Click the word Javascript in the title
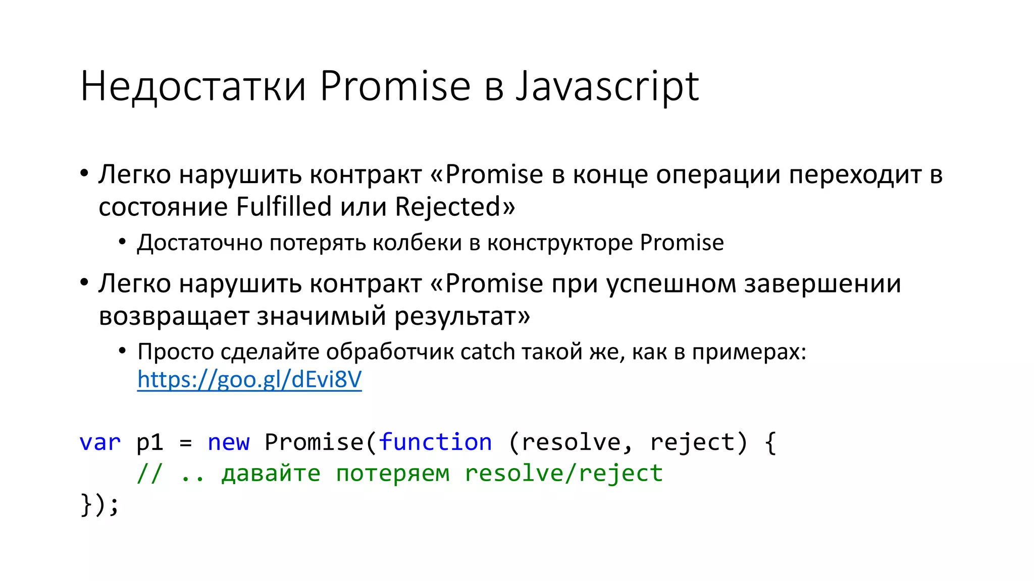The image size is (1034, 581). coord(607,87)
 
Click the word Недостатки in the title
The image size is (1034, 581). coord(193,87)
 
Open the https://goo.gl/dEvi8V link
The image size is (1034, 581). coord(249,379)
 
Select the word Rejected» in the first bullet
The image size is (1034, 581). coord(455,207)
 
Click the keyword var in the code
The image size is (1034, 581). coord(100,442)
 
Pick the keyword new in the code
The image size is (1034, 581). coord(228,442)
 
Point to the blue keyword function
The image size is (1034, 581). coord(435,442)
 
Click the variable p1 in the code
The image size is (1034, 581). coord(150,443)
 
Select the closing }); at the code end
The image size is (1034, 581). coord(100,504)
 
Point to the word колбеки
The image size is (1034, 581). coord(417,243)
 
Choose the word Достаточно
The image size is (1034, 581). coord(200,243)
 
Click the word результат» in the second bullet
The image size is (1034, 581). coord(462,317)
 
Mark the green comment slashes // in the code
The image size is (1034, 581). coord(150,473)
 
